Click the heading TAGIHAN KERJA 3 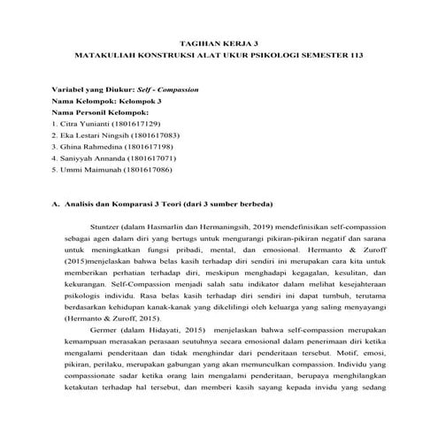coord(218,41)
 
